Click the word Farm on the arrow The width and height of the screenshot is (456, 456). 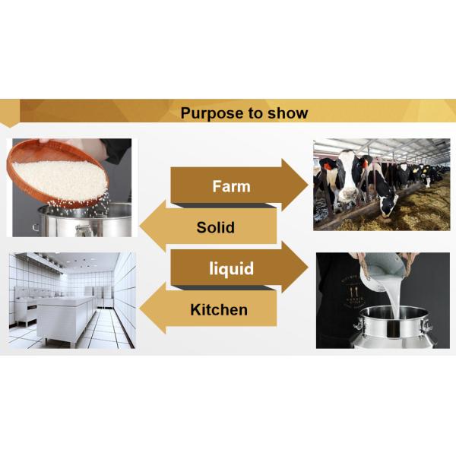coord(231,186)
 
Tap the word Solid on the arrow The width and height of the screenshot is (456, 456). coord(216,227)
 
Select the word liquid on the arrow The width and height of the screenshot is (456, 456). coord(231,268)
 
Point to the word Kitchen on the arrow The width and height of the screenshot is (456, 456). coord(219,310)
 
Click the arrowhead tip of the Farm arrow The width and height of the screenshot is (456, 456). coord(309,185)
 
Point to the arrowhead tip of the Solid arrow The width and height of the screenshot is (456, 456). coord(140,226)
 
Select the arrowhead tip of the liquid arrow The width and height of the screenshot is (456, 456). coord(309,267)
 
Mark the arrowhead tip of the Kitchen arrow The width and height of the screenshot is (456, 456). coord(140,309)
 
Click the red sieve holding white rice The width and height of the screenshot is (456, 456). coord(58,173)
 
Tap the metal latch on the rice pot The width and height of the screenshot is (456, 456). coord(84,230)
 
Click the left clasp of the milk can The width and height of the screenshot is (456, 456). coord(359,325)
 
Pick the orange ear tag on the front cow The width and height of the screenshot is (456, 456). coord(327,166)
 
